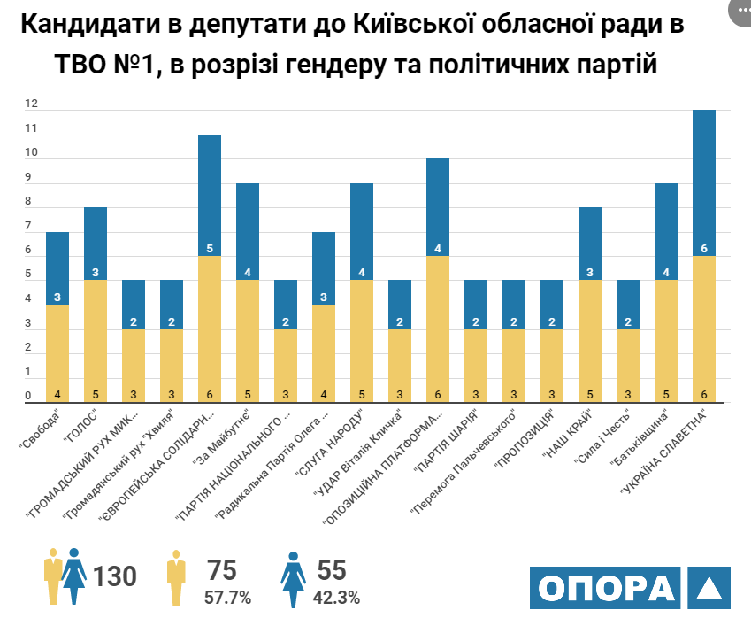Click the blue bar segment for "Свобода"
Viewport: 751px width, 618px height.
(57, 268)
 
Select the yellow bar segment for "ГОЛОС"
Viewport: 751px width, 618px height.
(96, 341)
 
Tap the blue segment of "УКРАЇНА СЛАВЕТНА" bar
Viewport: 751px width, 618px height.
(704, 182)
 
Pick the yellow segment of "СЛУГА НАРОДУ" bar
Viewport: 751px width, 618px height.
(363, 341)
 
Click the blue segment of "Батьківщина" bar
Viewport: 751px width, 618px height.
(666, 231)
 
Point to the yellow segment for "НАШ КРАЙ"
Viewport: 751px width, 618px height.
(590, 341)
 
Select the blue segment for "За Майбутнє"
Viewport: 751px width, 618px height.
(248, 231)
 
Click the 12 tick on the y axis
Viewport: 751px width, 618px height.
(31, 104)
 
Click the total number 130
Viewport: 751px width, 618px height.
(115, 576)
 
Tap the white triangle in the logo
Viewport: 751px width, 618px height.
(709, 589)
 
